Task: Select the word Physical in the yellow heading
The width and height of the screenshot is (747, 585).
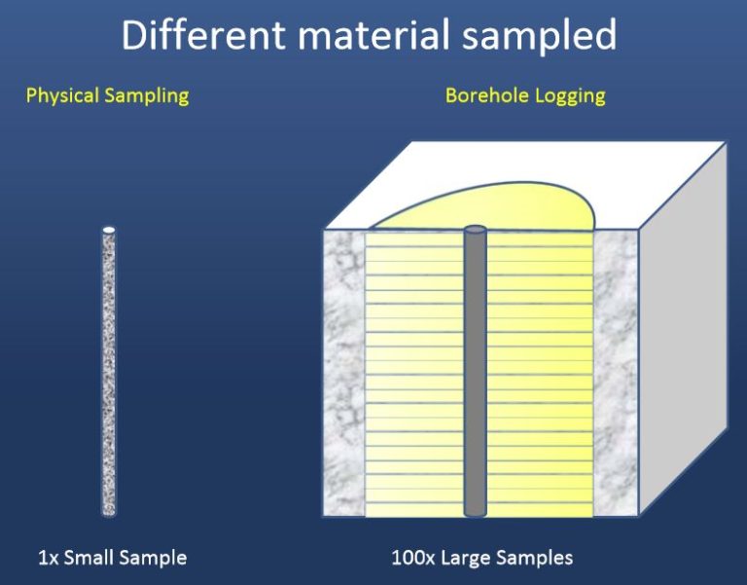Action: pos(60,96)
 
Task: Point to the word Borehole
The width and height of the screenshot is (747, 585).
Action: pos(484,95)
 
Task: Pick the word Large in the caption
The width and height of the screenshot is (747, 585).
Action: pos(464,559)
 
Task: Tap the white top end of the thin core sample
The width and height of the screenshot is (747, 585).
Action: pos(109,230)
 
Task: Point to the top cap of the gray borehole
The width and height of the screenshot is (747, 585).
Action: pos(475,231)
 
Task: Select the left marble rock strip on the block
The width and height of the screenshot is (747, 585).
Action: pos(344,375)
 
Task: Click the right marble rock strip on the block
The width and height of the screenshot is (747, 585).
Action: pos(615,375)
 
